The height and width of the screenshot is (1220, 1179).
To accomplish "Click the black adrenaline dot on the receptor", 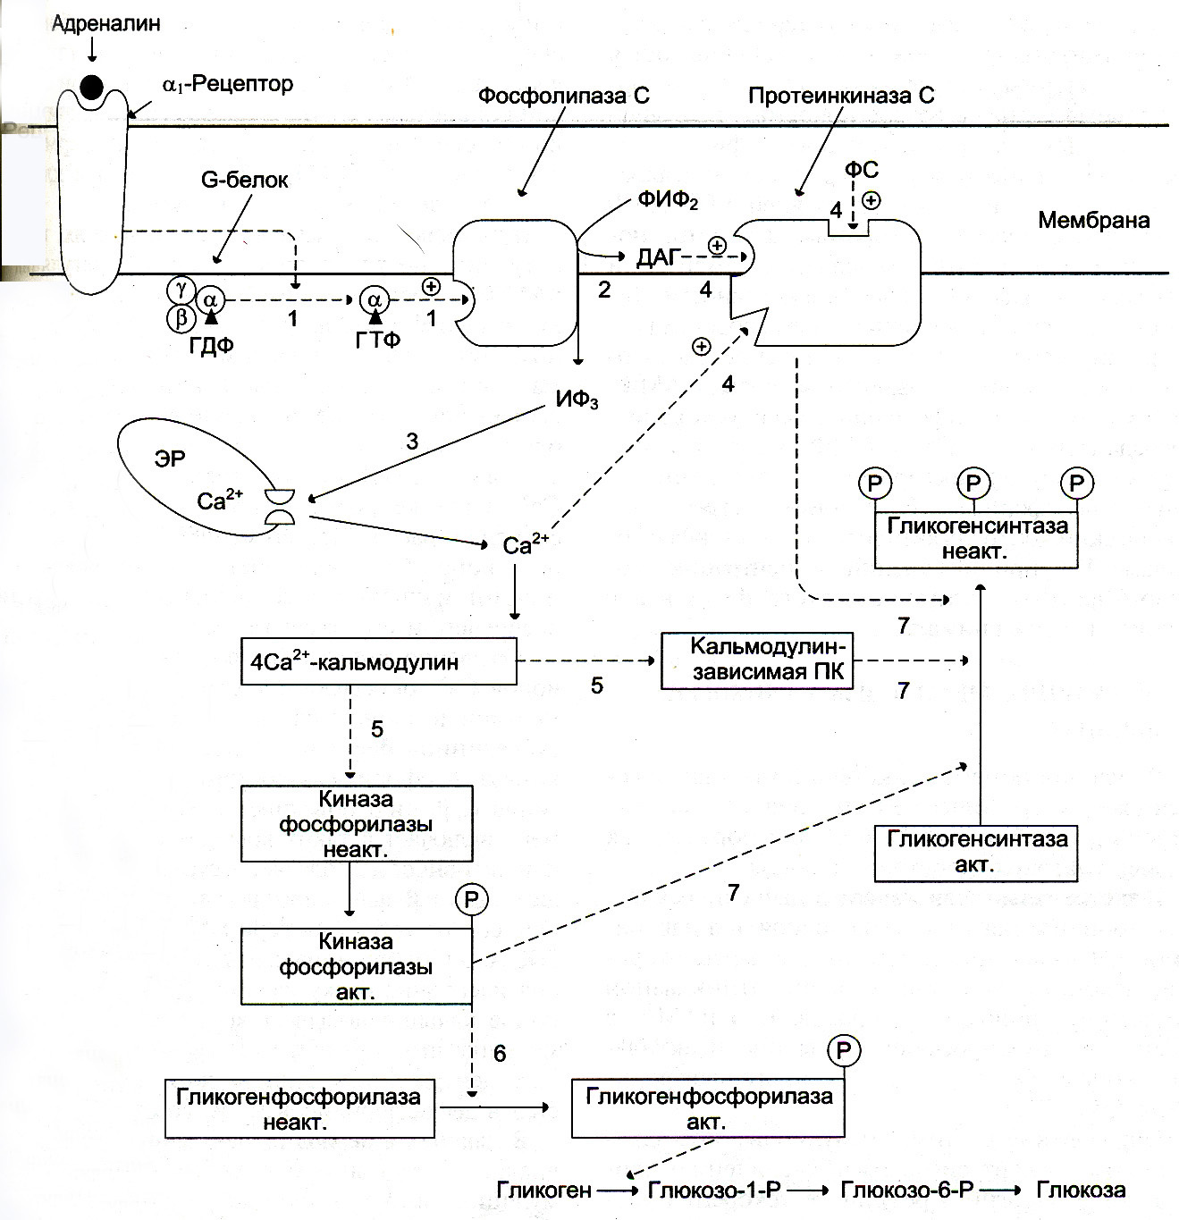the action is tap(91, 88).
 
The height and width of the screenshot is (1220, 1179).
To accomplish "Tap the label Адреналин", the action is tap(106, 24).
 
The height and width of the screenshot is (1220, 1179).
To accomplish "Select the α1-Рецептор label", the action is tap(228, 84).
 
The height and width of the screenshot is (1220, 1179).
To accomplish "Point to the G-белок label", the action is tap(245, 181).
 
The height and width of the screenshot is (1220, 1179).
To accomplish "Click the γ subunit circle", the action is tap(181, 289).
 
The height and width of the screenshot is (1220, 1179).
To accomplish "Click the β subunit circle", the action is tap(181, 318).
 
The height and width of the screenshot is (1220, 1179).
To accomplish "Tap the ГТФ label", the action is tap(377, 341).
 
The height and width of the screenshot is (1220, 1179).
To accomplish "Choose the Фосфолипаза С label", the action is tap(564, 96).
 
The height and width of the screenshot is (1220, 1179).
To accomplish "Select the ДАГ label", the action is tap(659, 257).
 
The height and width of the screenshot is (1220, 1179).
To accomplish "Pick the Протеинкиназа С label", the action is tap(842, 96).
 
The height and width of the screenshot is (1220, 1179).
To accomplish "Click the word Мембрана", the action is tap(1094, 221).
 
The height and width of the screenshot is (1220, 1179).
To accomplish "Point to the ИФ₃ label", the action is tap(577, 400).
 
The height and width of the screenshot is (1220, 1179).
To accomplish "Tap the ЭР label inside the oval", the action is tap(170, 459).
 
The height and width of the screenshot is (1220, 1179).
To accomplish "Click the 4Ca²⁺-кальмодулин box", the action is tap(379, 660).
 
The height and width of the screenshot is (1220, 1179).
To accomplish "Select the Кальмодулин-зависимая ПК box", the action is tap(757, 660).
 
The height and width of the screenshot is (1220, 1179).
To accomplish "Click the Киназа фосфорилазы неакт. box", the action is tap(357, 823).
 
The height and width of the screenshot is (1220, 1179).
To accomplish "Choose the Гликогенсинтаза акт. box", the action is tap(976, 854).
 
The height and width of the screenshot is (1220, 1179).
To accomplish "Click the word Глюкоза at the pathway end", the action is tap(1082, 1190).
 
